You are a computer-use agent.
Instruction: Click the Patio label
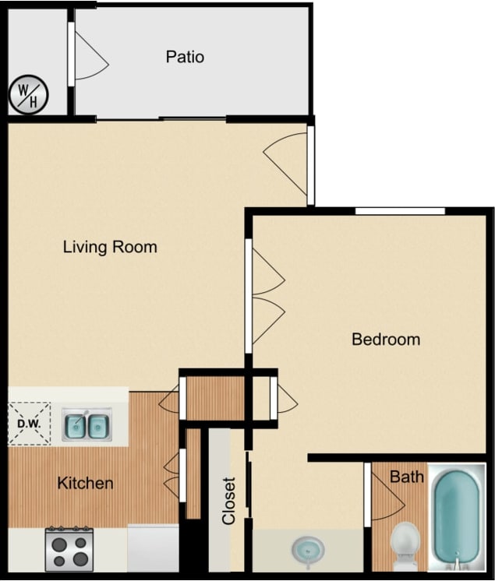tap(185, 57)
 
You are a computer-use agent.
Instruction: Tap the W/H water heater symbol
tap(29, 95)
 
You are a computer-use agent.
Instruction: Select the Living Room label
tap(110, 248)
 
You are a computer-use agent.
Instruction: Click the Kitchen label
tap(85, 484)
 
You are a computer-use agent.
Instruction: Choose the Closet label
tap(228, 501)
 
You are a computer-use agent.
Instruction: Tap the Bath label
tap(406, 476)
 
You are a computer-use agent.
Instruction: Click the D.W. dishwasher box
tap(29, 424)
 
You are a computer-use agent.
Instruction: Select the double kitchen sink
tap(87, 425)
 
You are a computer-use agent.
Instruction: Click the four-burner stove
tap(69, 549)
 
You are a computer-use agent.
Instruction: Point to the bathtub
tap(459, 516)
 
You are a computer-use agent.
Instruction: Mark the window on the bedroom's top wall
tap(399, 210)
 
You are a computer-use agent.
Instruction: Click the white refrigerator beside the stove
tap(153, 548)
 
